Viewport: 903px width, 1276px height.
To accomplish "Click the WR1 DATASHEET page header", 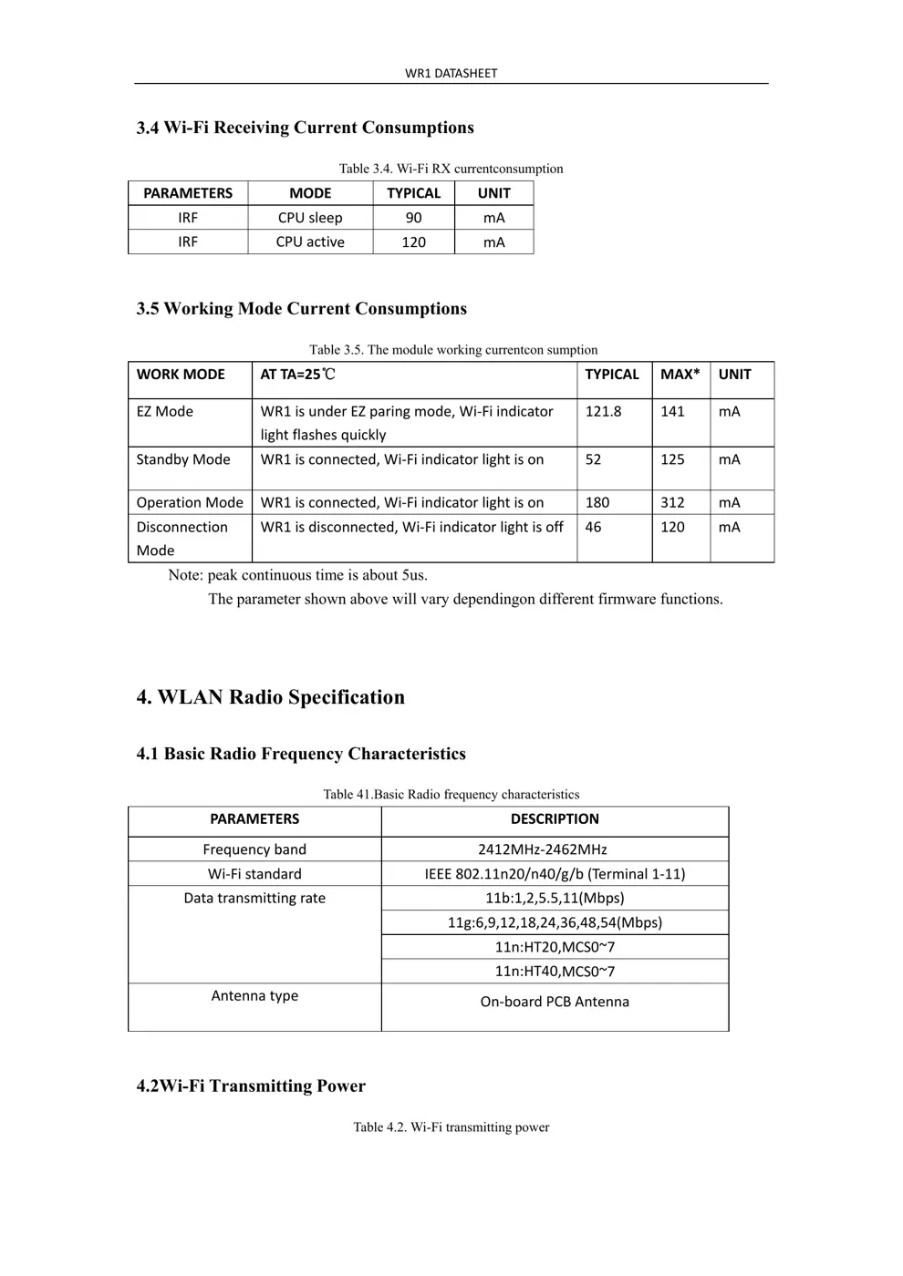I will (451, 73).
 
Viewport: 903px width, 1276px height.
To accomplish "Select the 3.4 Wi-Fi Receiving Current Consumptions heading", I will (305, 128).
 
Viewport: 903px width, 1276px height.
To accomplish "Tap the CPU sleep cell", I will (310, 218).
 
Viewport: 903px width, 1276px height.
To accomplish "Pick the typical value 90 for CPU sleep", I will (413, 218).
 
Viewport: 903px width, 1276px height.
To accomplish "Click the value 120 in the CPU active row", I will (413, 242).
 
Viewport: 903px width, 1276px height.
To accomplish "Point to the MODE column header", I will (310, 193).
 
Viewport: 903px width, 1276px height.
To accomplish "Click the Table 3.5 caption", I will (453, 350).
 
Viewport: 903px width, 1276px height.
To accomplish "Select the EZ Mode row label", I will (165, 412).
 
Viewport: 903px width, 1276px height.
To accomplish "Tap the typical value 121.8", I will (603, 412).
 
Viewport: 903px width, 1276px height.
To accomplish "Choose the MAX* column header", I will (680, 375).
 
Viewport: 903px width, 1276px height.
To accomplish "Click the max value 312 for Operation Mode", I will (672, 503).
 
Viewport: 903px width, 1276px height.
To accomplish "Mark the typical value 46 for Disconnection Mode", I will (593, 528).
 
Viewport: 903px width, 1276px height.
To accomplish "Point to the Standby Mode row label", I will (183, 460).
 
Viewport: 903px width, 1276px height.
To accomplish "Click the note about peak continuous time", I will (297, 575).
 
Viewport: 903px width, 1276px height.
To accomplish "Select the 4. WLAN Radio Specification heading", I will (270, 697).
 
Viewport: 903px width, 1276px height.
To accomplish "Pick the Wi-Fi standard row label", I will (254, 874).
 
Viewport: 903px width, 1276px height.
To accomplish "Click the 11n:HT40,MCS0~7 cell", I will (555, 972).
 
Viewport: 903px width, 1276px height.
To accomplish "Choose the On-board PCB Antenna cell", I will (555, 1002).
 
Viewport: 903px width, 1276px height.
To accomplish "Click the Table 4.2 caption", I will (451, 1127).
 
